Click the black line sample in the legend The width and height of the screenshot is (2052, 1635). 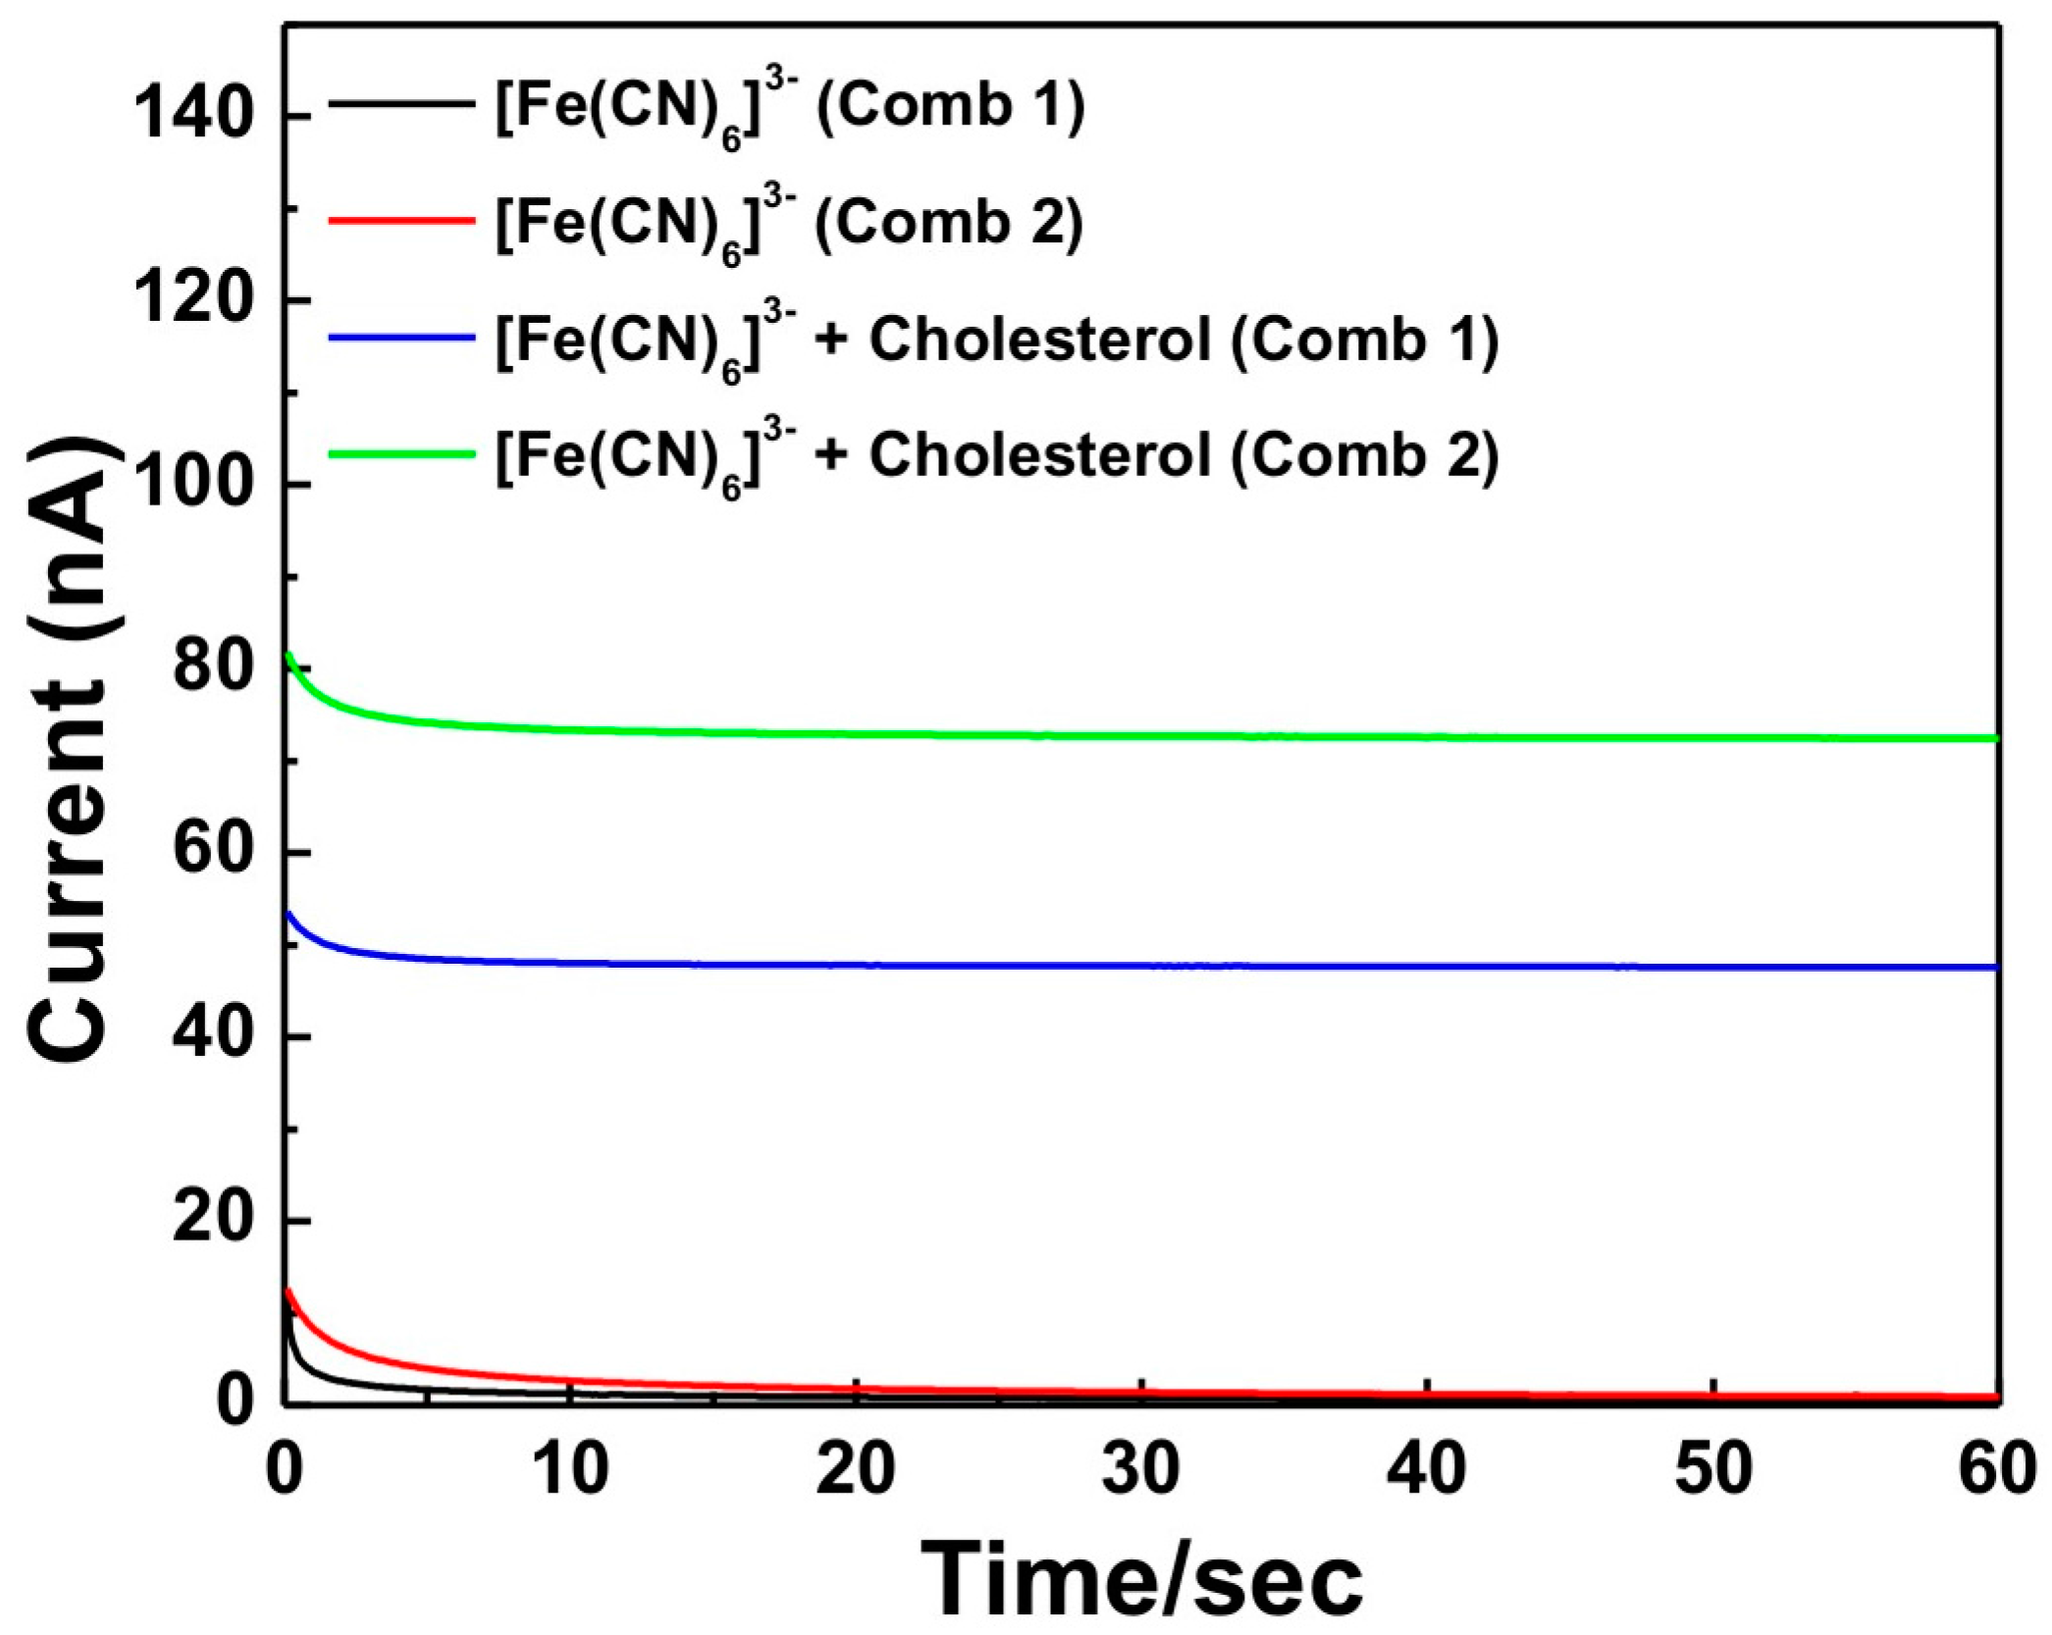[x=401, y=102]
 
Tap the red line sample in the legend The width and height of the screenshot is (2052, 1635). [x=401, y=220]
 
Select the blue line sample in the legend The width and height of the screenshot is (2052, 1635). [x=401, y=337]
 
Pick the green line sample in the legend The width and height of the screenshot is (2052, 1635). [x=401, y=453]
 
